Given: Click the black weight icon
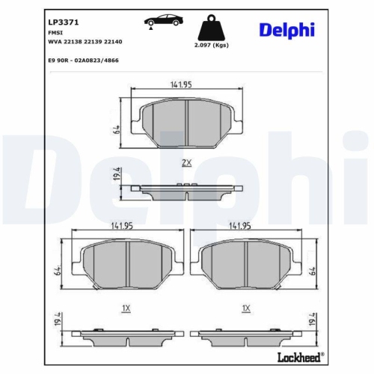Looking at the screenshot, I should (x=211, y=29).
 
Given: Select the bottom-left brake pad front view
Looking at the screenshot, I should (x=123, y=264).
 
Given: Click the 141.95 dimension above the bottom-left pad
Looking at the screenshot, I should (x=123, y=225).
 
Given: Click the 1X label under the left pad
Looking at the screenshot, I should (x=126, y=308).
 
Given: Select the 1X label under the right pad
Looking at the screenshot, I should (x=245, y=308).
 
